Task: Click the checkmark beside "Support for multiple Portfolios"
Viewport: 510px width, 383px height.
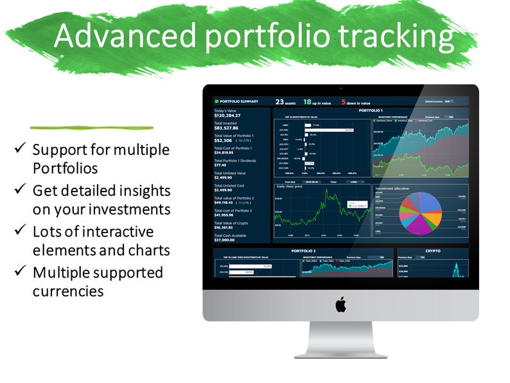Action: pos(21,149)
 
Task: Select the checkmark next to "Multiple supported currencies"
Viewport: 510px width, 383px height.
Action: pos(21,272)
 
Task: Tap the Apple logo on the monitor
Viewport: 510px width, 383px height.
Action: pos(340,305)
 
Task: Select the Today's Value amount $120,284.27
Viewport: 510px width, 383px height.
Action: pos(227,116)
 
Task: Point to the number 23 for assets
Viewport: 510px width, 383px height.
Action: pos(279,102)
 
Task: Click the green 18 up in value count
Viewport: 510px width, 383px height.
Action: pos(307,102)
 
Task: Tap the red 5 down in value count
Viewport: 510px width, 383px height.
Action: pos(344,102)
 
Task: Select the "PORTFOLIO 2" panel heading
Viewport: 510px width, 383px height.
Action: pos(302,251)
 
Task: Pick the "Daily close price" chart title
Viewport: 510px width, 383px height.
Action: pos(290,187)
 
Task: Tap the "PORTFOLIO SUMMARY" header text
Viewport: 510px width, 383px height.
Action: pos(239,102)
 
